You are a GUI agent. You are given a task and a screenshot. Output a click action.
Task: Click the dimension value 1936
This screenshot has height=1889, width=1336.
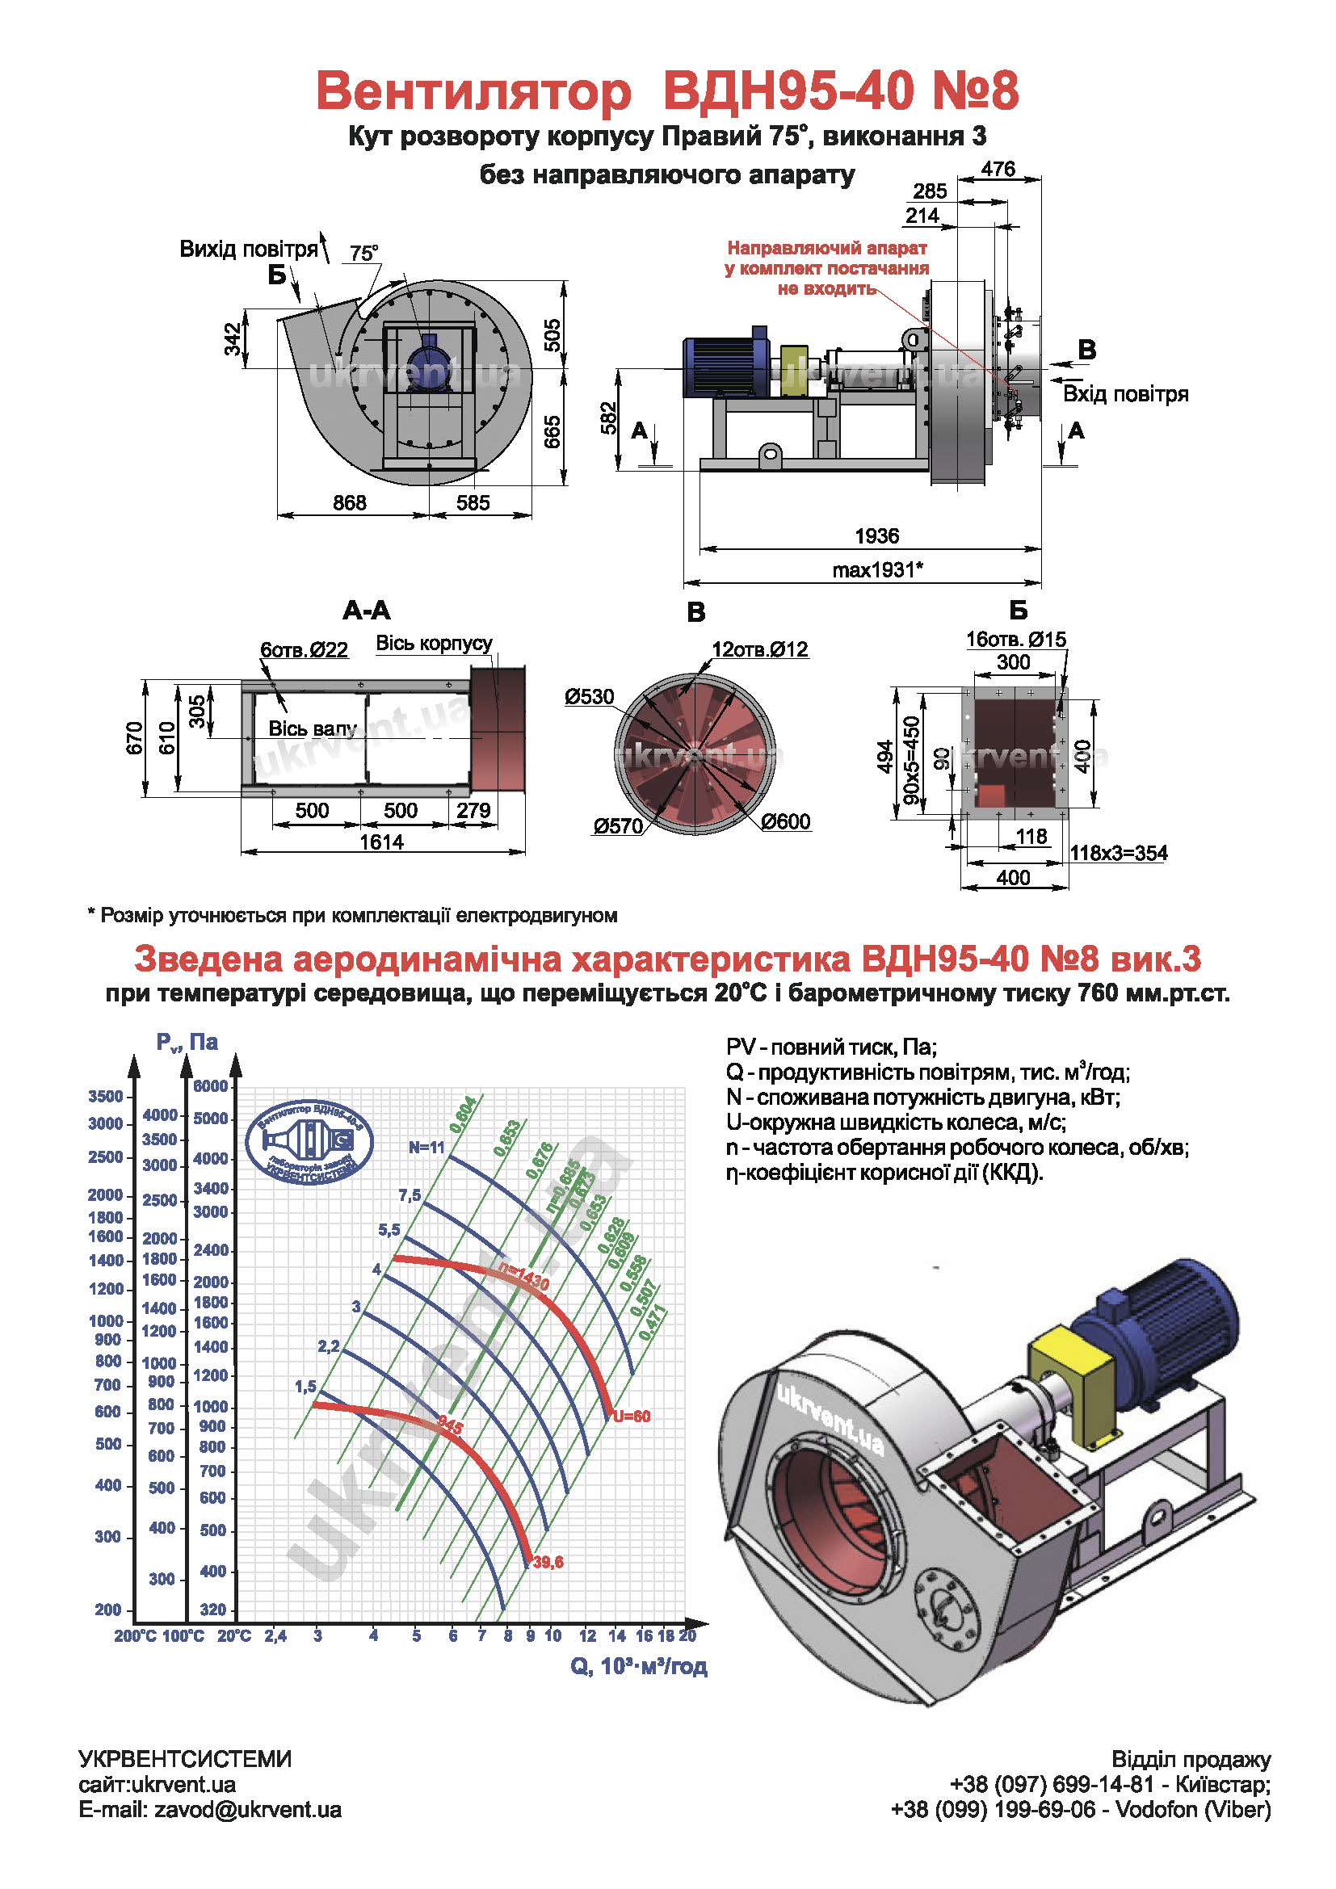pyautogui.click(x=876, y=536)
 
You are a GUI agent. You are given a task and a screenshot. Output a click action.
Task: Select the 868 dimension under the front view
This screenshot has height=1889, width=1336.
pyautogui.click(x=350, y=502)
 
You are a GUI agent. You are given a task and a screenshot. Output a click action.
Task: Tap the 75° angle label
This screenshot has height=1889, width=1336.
pyautogui.click(x=363, y=253)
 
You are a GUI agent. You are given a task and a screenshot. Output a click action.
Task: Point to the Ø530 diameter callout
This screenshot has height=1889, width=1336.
pyautogui.click(x=589, y=697)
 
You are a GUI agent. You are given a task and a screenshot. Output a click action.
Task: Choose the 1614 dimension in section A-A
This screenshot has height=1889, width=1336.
pyautogui.click(x=382, y=842)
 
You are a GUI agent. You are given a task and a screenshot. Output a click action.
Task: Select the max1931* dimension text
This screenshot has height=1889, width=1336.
pyautogui.click(x=877, y=569)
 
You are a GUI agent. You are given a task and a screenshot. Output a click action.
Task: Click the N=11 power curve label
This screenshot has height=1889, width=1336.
pyautogui.click(x=426, y=1148)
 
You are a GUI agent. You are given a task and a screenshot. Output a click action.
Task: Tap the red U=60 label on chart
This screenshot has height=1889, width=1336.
pyautogui.click(x=631, y=1416)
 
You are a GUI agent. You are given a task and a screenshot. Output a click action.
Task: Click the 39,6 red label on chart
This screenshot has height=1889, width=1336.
pyautogui.click(x=548, y=1562)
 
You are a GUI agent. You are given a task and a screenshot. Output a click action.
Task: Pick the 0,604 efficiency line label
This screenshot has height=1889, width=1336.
pyautogui.click(x=463, y=1115)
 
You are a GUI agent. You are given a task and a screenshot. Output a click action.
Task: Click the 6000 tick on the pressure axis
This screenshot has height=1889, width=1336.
pyautogui.click(x=211, y=1086)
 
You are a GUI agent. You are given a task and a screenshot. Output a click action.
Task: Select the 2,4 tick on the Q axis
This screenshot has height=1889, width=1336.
pyautogui.click(x=275, y=1636)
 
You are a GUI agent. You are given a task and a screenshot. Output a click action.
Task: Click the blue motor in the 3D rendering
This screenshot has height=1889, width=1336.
pyautogui.click(x=1160, y=1324)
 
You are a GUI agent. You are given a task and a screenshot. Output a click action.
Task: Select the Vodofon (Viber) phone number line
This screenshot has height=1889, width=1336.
pyautogui.click(x=1080, y=1809)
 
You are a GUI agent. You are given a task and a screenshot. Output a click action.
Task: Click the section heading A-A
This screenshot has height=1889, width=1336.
pyautogui.click(x=366, y=611)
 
